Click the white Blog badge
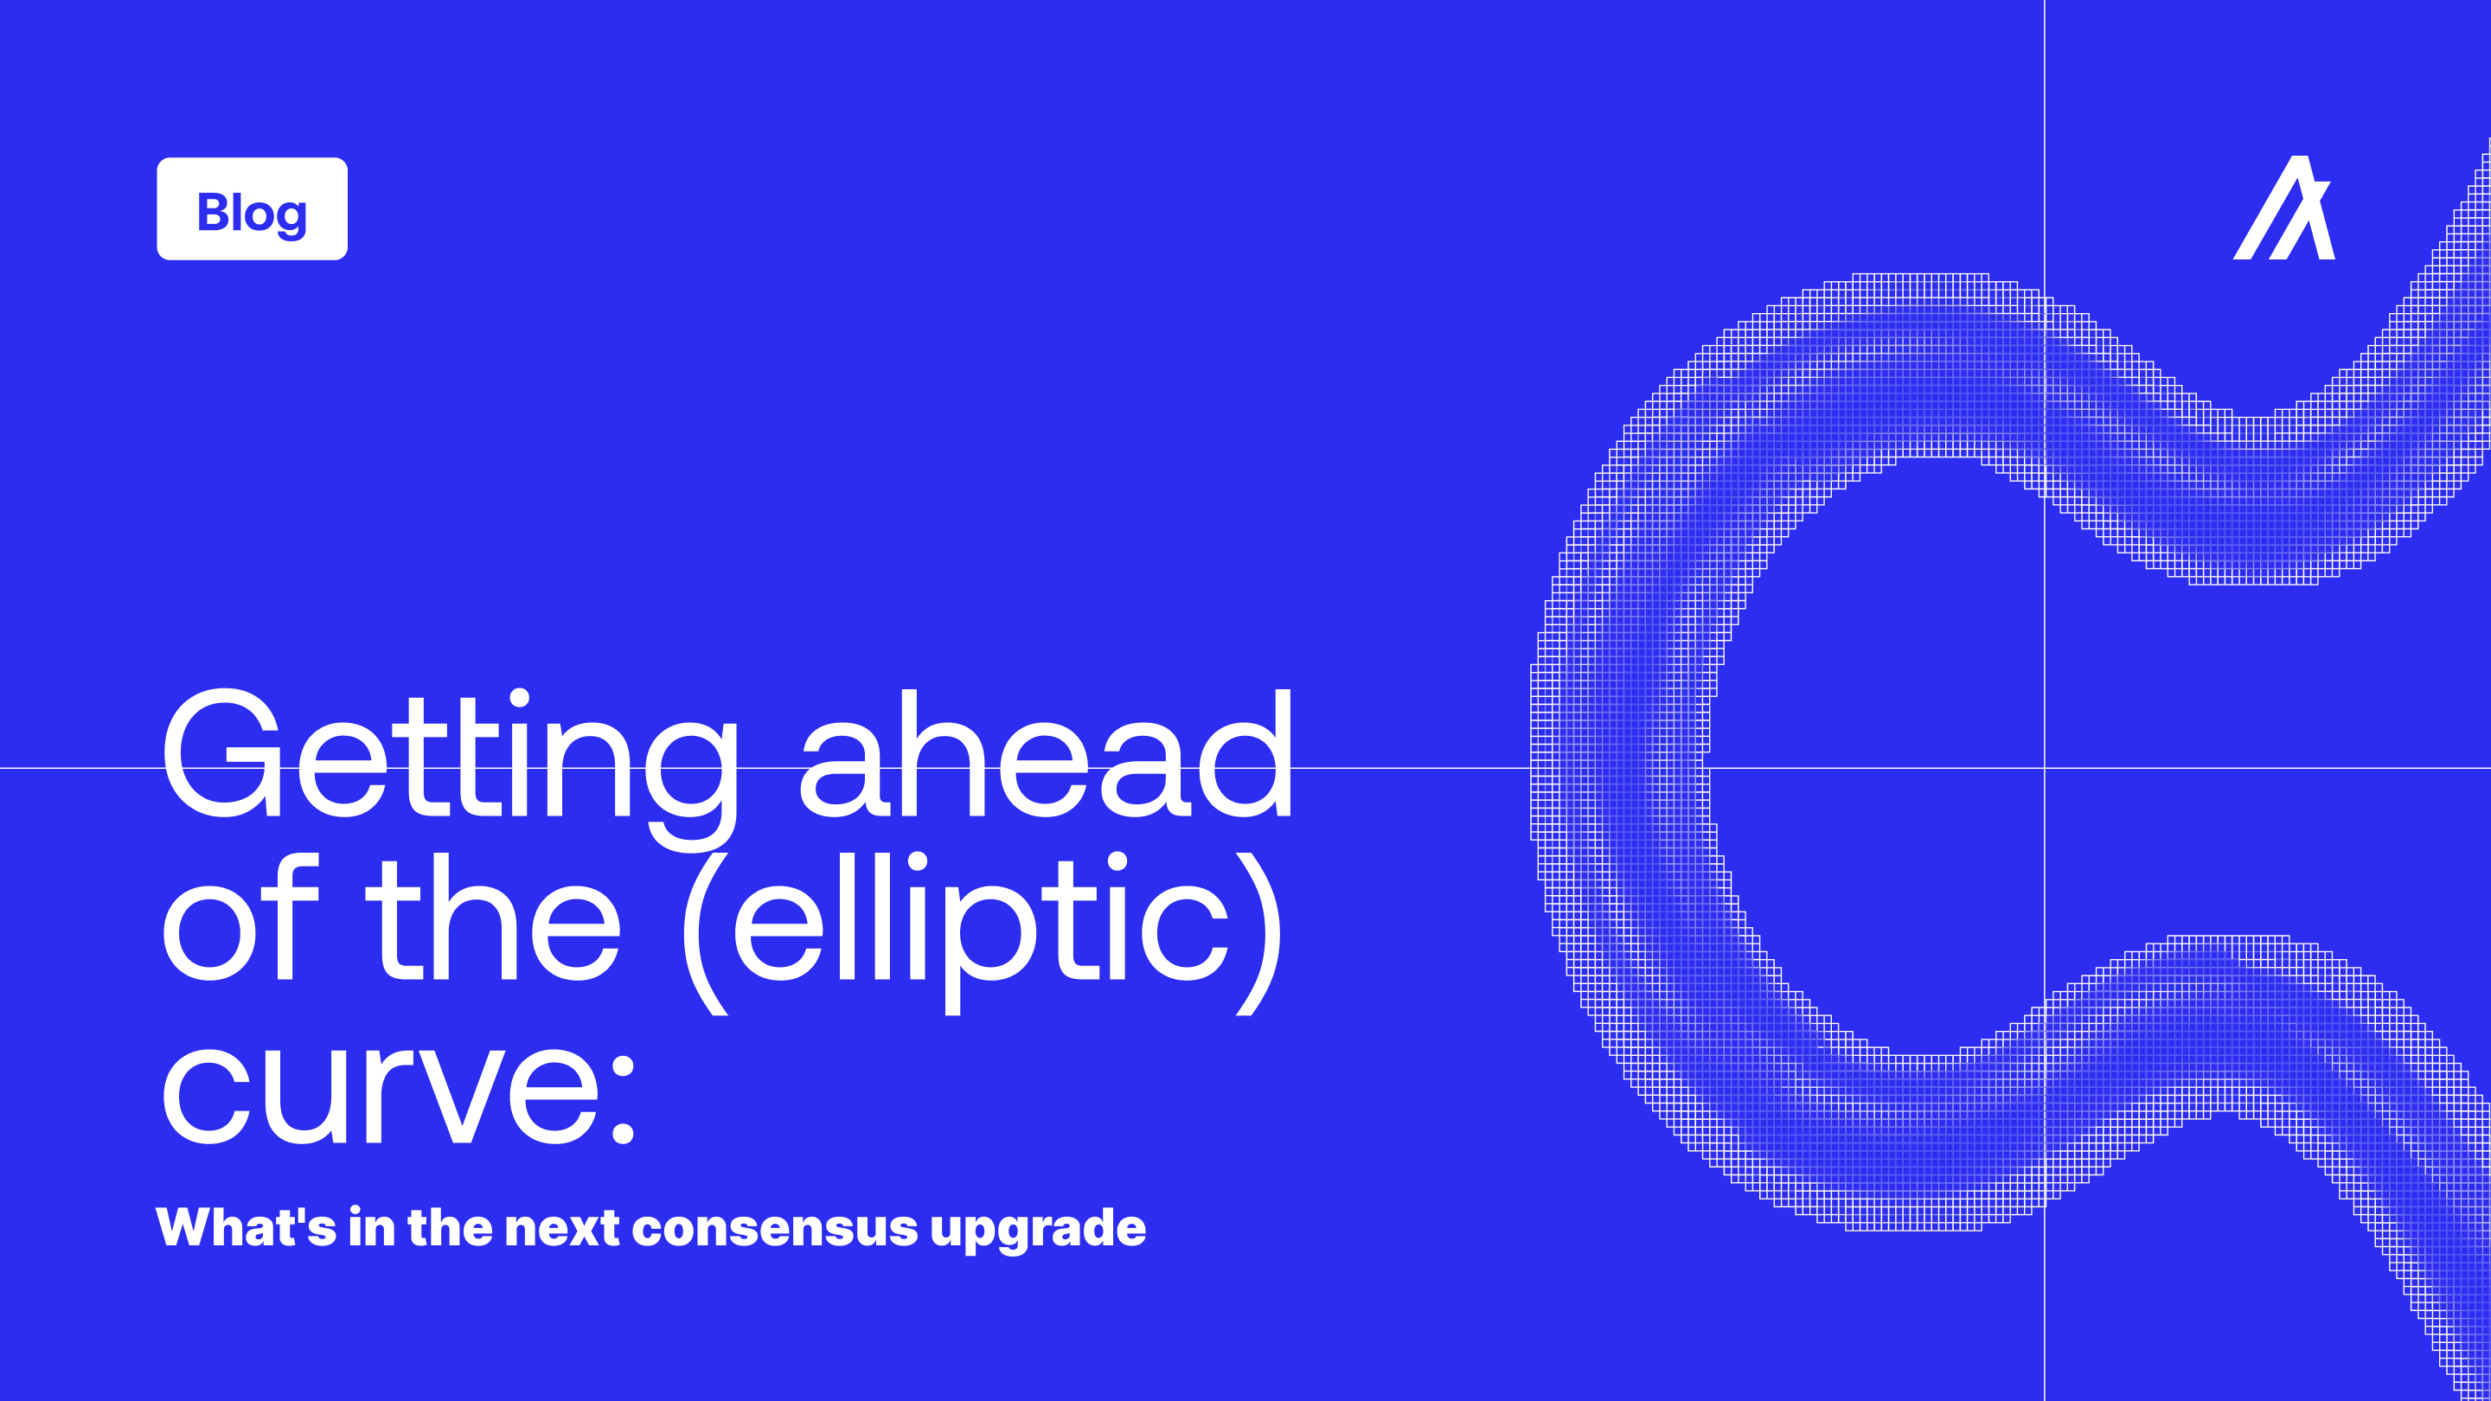(252, 208)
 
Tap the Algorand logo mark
(2284, 208)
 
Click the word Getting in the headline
(451, 770)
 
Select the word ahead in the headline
(1046, 753)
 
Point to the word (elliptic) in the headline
(983, 932)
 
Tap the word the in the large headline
(492, 918)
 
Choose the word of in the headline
(240, 918)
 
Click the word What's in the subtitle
(246, 1227)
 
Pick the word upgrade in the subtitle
(1038, 1231)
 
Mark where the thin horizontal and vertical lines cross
(2044, 768)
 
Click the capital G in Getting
(221, 753)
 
